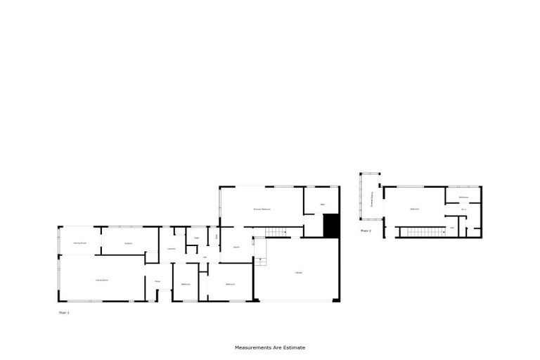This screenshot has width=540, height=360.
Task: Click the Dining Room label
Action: click(x=79, y=243)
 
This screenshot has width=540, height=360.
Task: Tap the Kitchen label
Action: click(x=129, y=243)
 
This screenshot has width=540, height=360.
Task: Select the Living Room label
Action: click(x=101, y=280)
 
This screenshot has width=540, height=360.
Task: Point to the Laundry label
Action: click(x=171, y=249)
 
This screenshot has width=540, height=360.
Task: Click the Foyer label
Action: click(x=157, y=281)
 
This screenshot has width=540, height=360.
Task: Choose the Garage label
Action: click(x=298, y=272)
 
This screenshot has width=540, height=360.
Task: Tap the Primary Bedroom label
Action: click(x=262, y=210)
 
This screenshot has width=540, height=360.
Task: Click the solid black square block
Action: click(x=331, y=226)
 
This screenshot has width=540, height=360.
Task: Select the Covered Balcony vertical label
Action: click(x=371, y=201)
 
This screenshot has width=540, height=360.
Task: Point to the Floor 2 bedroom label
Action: click(x=415, y=209)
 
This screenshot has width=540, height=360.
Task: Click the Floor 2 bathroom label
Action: click(x=464, y=197)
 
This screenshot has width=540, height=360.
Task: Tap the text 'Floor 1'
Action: click(x=63, y=311)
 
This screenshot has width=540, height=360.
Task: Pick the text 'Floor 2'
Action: click(x=366, y=230)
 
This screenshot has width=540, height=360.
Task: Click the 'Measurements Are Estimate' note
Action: click(x=270, y=347)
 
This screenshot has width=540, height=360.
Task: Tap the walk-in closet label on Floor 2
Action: click(x=464, y=209)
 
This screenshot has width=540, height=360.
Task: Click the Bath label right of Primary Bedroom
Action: click(x=322, y=205)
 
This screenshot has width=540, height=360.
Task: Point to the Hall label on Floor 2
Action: click(x=452, y=227)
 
